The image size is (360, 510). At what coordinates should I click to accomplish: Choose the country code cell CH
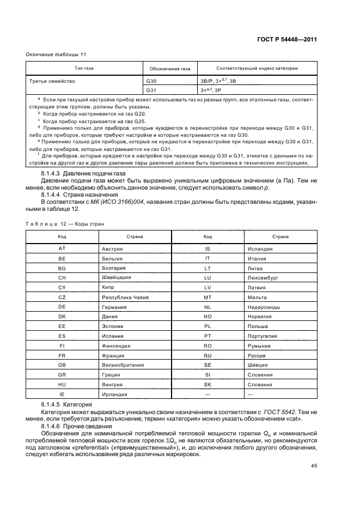point(62,277)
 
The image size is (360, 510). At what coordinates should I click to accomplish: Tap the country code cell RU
point(207,355)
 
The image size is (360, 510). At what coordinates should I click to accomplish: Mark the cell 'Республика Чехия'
point(125,297)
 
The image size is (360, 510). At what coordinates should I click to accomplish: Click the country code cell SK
point(207,385)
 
